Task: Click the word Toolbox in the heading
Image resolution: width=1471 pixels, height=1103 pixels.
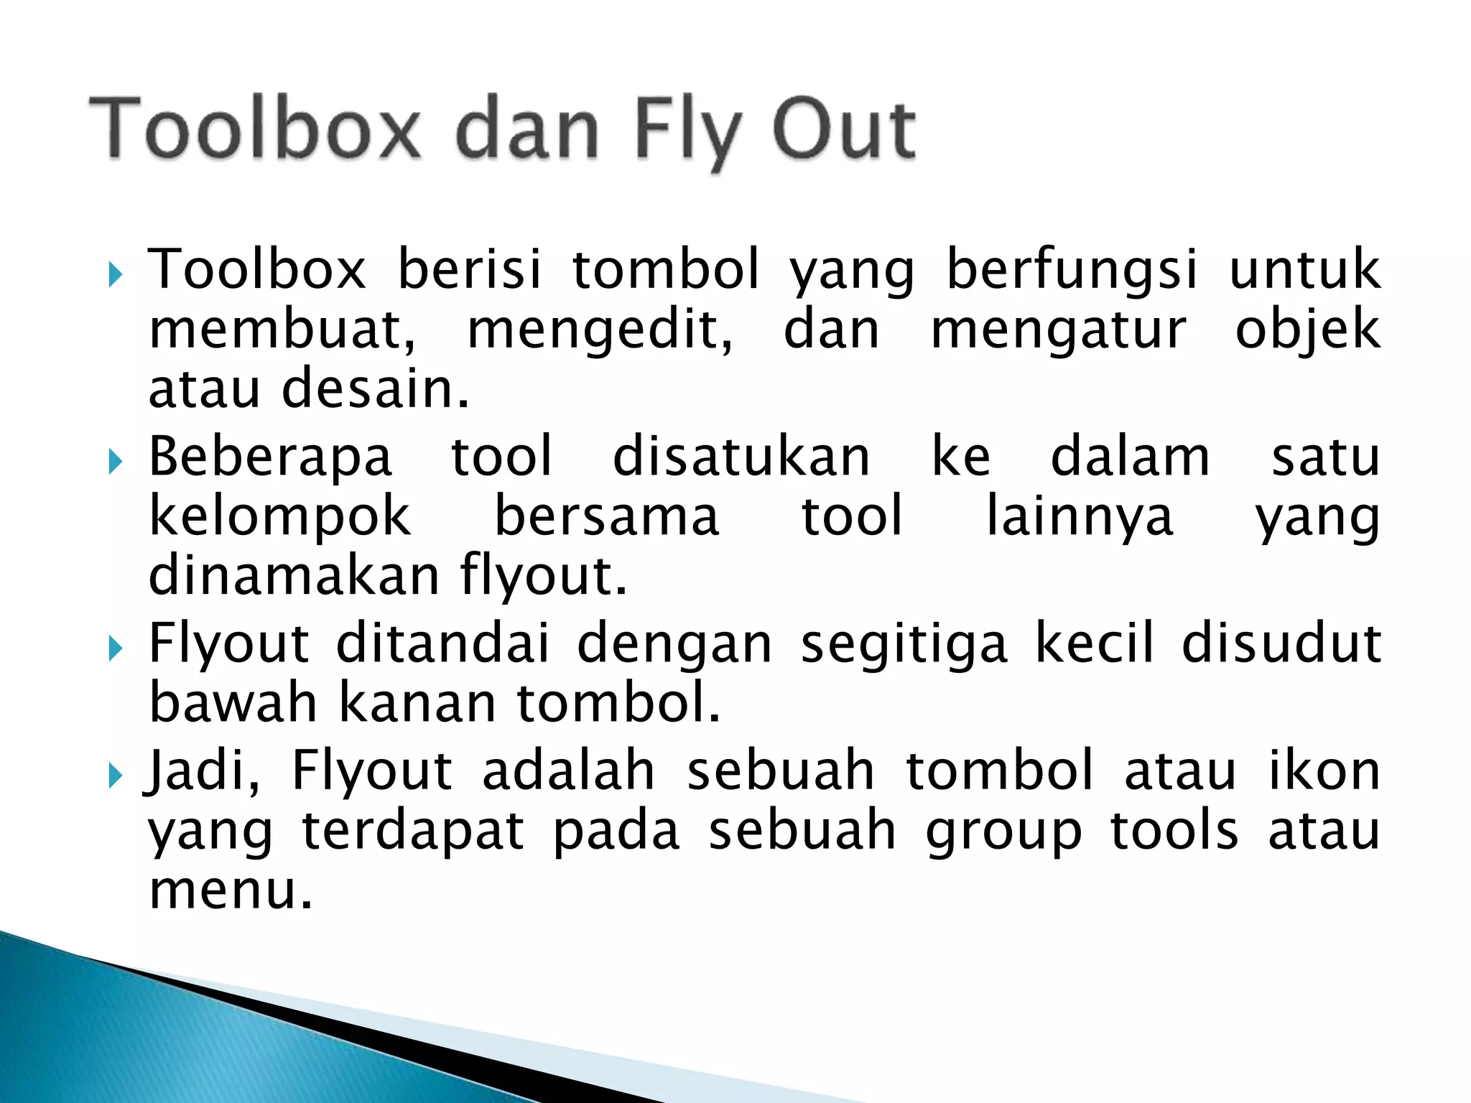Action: point(254,129)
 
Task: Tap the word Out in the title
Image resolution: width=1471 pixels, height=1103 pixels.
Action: point(843,129)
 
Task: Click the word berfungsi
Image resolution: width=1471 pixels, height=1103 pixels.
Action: point(1072,270)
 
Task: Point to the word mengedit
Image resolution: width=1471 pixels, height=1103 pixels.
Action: point(600,331)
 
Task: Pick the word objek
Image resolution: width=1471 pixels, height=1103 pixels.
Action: point(1307,331)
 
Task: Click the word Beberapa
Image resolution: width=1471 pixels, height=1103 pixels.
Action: point(270,457)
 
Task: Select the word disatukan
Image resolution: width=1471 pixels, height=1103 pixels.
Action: point(741,457)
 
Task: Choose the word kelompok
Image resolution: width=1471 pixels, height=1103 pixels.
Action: point(279,517)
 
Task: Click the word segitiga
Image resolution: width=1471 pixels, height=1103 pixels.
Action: point(904,644)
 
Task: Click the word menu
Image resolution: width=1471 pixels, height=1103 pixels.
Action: point(231,890)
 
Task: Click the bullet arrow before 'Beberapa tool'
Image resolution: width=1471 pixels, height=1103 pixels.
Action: point(115,462)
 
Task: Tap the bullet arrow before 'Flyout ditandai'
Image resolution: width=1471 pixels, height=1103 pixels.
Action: point(115,648)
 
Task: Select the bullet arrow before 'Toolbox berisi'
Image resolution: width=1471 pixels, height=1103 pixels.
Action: point(115,274)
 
